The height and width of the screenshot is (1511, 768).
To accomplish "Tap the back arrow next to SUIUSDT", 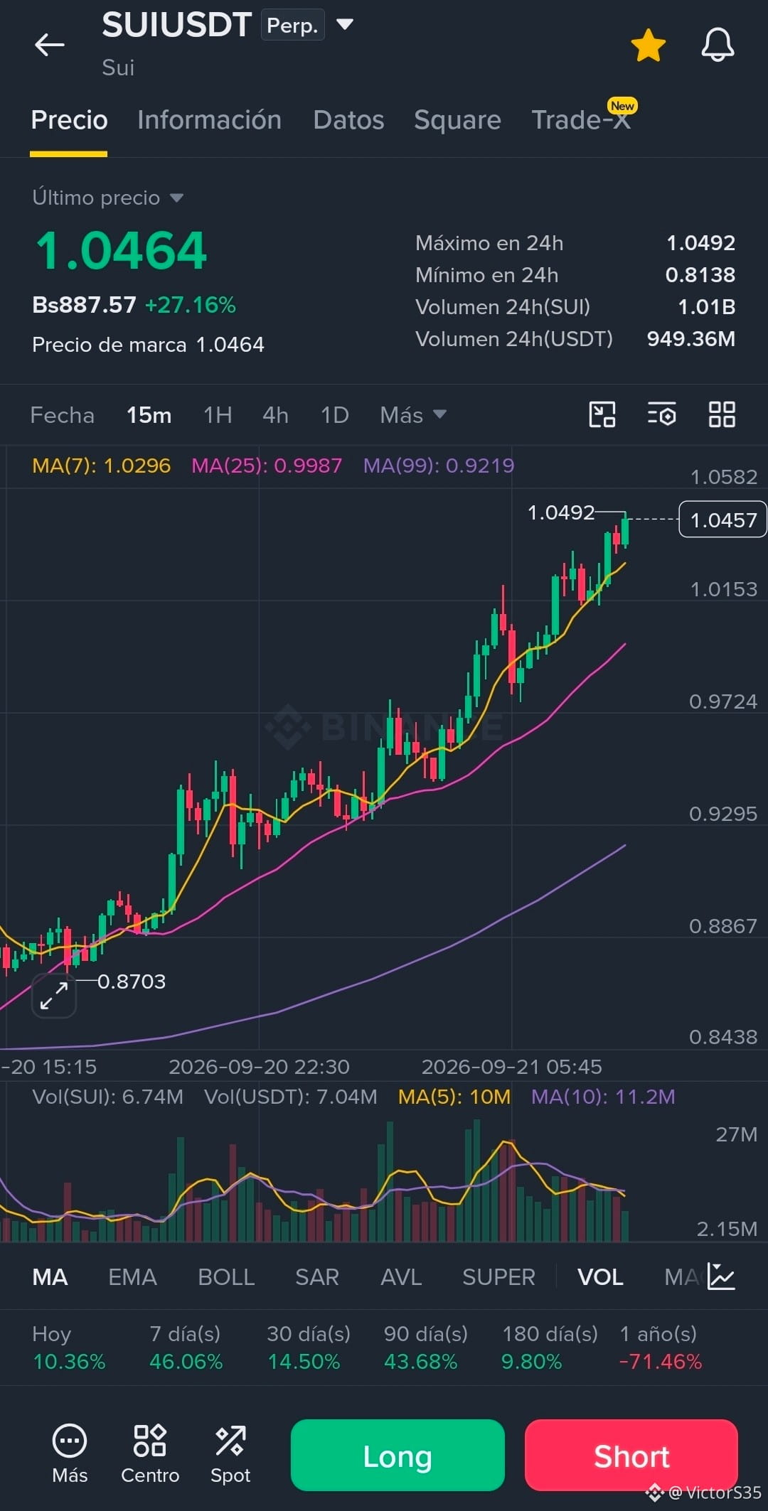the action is (49, 45).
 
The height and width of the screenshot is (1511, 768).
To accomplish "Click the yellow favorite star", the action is (648, 45).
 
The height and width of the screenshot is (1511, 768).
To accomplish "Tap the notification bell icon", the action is (718, 45).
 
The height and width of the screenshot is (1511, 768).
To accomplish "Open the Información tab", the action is (209, 120).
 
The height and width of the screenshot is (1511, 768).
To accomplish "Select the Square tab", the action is (457, 120).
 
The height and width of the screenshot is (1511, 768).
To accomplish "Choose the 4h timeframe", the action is (275, 415).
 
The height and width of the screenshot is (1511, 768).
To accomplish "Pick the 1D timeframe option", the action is (334, 415).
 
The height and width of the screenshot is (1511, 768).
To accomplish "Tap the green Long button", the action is (398, 1455).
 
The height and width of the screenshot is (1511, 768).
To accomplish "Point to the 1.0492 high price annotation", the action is (560, 512).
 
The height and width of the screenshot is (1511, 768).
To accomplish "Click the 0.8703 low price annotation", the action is (132, 982).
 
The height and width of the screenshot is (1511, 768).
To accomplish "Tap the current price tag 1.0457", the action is (722, 520).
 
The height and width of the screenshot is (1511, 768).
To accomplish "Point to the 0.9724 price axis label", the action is (722, 701).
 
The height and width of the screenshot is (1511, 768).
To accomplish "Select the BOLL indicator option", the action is (226, 1277).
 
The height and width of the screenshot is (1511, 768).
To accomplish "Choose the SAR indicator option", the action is (317, 1277).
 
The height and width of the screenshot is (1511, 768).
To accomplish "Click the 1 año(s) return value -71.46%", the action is (661, 1362).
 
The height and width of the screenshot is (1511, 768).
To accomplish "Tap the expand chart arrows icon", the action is (54, 995).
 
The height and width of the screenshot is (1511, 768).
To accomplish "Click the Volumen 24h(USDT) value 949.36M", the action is (690, 339).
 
